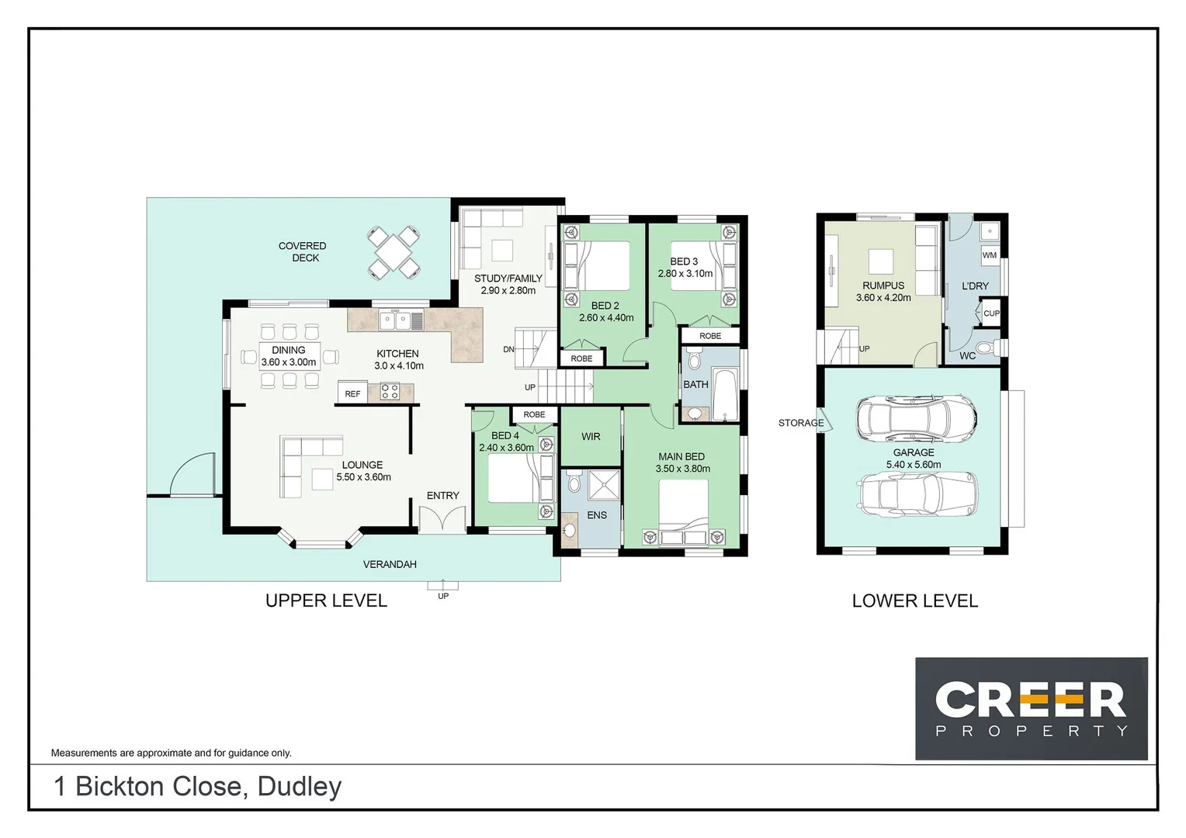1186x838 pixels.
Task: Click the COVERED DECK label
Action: point(302,252)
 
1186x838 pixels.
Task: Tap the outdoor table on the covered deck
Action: point(394,252)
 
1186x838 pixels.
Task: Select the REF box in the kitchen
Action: point(352,394)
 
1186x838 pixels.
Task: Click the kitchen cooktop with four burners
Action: point(390,392)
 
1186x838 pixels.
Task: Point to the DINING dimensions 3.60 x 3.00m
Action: point(289,362)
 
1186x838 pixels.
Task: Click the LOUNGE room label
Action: point(362,466)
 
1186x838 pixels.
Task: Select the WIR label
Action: point(591,437)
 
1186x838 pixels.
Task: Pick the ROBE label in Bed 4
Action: point(534,415)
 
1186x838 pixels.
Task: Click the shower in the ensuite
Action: point(604,485)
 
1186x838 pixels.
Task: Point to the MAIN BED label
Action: point(681,457)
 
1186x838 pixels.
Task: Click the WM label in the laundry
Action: point(990,255)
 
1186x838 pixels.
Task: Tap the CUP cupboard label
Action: point(991,313)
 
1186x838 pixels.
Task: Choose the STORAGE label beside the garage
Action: point(801,423)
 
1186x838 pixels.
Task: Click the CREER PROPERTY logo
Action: point(1031,708)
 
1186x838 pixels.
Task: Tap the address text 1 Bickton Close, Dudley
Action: point(198,786)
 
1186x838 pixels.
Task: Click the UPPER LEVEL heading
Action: point(326,601)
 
